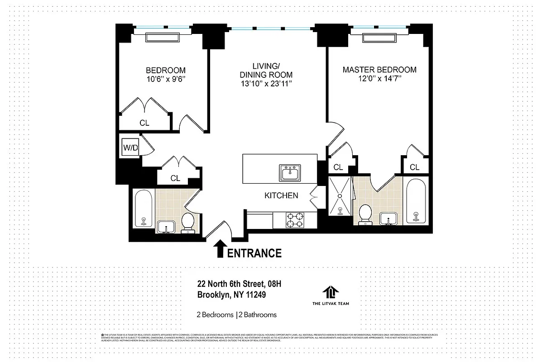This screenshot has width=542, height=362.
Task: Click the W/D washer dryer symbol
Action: [x=130, y=148]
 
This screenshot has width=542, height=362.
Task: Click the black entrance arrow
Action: [x=220, y=249]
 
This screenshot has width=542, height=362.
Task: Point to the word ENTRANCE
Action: [x=254, y=253]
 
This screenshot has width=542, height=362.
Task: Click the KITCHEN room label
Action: [x=281, y=195]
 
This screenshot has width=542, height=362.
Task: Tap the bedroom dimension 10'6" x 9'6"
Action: [x=165, y=79]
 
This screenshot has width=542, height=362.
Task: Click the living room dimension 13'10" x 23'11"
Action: [x=266, y=84]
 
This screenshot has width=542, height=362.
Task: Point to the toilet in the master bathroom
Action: [x=365, y=214]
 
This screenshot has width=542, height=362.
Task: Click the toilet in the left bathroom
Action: [x=187, y=222]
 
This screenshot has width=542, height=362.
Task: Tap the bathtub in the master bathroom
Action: [x=416, y=202]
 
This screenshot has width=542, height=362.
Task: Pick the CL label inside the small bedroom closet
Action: [x=144, y=123]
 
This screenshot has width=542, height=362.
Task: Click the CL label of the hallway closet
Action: [x=175, y=178]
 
